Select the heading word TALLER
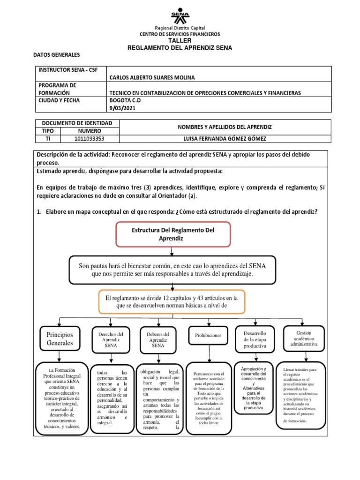pyautogui.click(x=180, y=41)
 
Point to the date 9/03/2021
pyautogui.click(x=121, y=109)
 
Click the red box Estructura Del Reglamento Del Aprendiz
pyautogui.click(x=173, y=234)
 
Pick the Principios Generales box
pyautogui.click(x=60, y=339)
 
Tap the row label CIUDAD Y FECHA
pyautogui.click(x=59, y=100)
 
